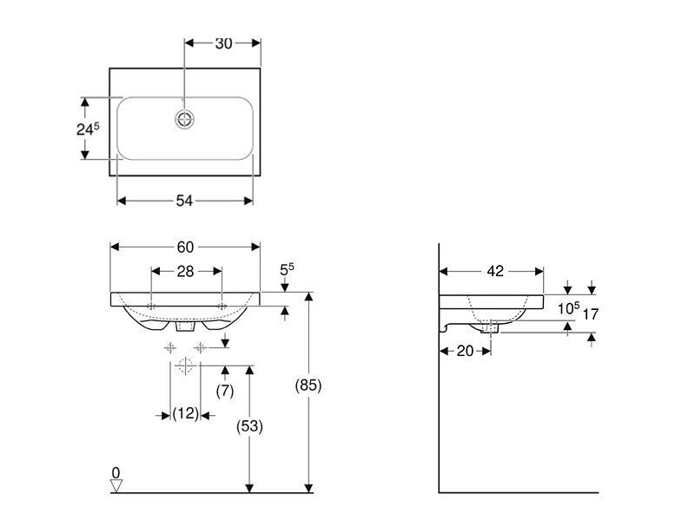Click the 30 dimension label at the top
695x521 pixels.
point(223,43)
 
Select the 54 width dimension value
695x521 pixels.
point(184,201)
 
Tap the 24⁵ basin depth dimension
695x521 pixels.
point(88,129)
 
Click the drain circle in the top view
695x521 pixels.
point(184,119)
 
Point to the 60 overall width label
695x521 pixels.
point(185,247)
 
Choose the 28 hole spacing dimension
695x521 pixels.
point(185,271)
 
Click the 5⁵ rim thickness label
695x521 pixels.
point(287,270)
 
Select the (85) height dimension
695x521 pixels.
point(308,385)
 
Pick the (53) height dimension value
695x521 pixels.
point(249,426)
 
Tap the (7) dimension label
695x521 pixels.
point(225,391)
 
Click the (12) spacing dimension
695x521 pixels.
point(185,414)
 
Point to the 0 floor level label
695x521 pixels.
point(116,473)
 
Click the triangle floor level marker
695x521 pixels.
point(116,486)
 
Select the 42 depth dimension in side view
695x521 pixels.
point(495,271)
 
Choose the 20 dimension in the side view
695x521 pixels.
point(465,351)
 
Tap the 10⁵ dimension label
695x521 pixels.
point(569,308)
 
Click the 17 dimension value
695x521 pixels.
point(591,314)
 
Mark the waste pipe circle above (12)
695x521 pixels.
point(185,366)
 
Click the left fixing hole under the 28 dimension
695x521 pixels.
point(151,307)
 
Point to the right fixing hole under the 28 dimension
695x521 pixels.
point(222,307)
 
